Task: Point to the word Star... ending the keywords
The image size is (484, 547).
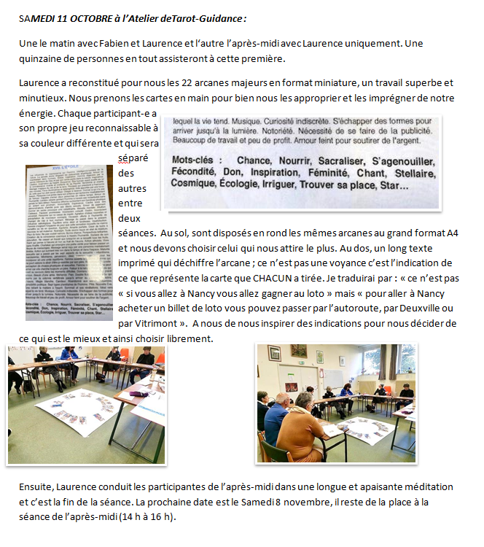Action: (394, 187)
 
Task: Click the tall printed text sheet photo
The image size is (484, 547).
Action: (69, 233)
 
